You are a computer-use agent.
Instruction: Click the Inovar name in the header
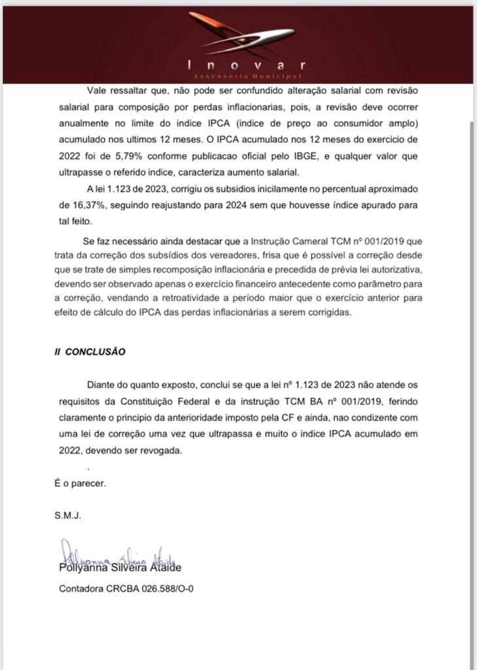click(246, 65)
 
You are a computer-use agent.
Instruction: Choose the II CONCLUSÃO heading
click(90, 351)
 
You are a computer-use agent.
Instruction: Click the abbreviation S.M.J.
click(67, 515)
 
